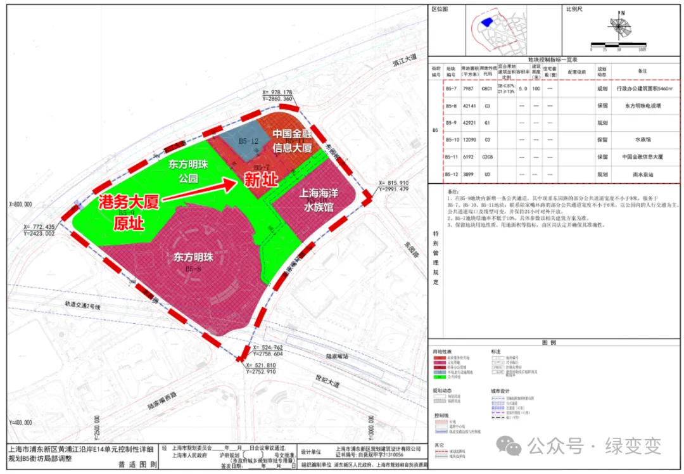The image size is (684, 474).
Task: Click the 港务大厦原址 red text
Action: tap(129, 212)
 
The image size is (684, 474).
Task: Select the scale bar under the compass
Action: tap(617, 45)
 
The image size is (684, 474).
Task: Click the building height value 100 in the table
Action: tap(536, 89)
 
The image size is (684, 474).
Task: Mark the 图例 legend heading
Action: tap(548, 343)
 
